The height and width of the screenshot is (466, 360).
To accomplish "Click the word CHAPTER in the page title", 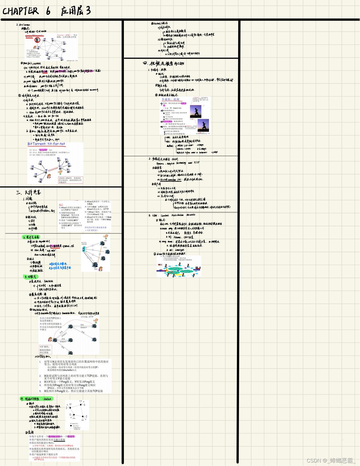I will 21,11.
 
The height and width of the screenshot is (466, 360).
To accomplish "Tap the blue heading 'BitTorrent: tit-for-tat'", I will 46,144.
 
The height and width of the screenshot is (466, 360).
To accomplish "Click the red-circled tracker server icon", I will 37,40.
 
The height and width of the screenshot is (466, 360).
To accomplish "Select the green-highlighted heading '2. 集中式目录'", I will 31,237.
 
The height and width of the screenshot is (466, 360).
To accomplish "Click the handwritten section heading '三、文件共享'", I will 28,192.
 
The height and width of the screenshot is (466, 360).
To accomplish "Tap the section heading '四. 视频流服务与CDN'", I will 164,63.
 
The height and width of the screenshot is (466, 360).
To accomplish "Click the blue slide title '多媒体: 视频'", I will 171,99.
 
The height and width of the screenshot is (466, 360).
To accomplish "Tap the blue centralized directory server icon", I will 83,249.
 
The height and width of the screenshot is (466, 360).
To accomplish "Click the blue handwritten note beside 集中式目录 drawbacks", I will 60,266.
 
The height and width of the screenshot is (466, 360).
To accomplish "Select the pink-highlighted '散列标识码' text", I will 54,436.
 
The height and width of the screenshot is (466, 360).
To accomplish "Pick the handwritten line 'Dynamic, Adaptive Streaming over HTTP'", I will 178,163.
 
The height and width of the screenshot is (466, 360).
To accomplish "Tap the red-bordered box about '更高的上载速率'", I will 71,180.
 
